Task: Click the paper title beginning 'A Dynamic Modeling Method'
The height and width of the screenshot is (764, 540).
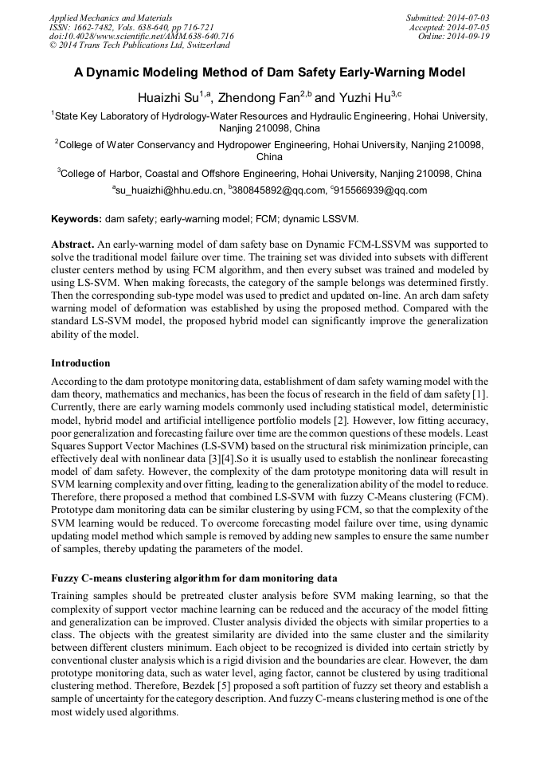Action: click(269, 72)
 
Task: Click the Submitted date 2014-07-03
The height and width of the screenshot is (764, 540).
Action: click(467, 17)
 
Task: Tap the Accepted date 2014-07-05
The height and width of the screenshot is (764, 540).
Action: click(468, 26)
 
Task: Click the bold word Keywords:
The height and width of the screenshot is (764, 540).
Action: click(76, 218)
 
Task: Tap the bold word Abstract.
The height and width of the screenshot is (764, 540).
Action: click(72, 244)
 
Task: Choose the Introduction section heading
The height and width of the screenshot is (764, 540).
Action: click(80, 362)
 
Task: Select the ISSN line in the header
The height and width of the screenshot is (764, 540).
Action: click(131, 26)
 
